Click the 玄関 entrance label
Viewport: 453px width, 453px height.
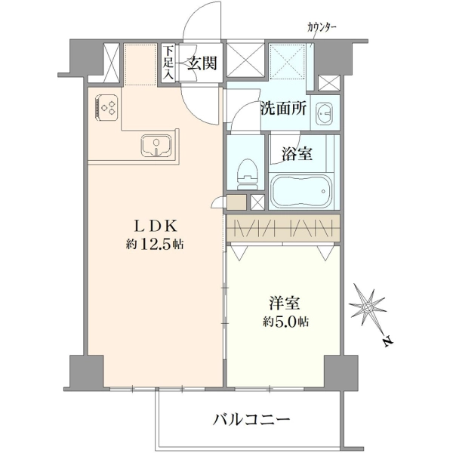(x=202, y=63)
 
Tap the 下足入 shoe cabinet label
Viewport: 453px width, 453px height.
(x=168, y=63)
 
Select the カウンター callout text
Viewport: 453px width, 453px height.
(x=322, y=27)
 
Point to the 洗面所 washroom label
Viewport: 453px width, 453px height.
(x=283, y=109)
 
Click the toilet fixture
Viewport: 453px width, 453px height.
(x=248, y=174)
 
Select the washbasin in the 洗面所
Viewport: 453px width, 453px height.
(x=324, y=113)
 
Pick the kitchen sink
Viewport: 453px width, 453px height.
(x=156, y=146)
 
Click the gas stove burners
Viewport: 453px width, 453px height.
(x=106, y=107)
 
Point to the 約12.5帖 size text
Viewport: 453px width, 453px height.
(x=155, y=245)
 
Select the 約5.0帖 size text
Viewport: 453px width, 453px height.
(x=285, y=321)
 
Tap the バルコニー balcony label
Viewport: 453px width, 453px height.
(x=251, y=419)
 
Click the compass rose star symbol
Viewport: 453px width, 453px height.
(x=368, y=307)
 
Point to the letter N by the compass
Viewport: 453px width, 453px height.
(x=387, y=341)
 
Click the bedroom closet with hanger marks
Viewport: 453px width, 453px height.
(x=283, y=229)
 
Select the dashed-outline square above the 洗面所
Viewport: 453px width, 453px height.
(x=288, y=61)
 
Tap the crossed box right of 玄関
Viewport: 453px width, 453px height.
(x=245, y=60)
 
